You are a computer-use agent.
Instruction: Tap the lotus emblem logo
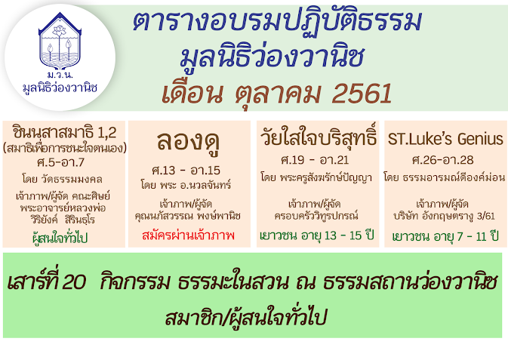[x=60, y=41]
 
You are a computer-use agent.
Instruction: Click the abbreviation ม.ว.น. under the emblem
[x=60, y=75]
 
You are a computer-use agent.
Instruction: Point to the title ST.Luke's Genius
[x=445, y=139]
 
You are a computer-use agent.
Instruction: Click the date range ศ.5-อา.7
[x=61, y=162]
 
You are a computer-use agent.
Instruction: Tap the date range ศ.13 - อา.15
[x=186, y=170]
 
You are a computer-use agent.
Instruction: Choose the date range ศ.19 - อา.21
[x=315, y=160]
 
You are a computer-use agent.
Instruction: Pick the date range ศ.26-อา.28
[x=443, y=160]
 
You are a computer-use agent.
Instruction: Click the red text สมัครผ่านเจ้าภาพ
[x=188, y=235]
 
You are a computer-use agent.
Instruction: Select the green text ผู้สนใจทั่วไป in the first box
[x=60, y=238]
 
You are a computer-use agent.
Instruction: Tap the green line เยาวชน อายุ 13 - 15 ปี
[x=317, y=235]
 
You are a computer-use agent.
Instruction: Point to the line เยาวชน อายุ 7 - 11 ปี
[x=445, y=236]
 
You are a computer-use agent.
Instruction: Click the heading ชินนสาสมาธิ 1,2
[x=64, y=133]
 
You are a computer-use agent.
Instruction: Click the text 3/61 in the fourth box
[x=486, y=216]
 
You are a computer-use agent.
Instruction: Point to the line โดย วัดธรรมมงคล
[x=62, y=179]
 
